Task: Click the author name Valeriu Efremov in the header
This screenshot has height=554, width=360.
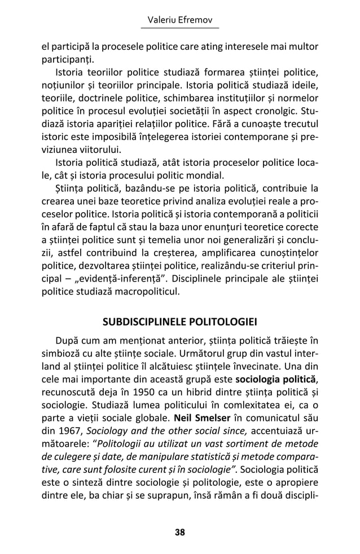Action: (x=179, y=20)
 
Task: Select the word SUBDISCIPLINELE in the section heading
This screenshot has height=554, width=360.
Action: (x=148, y=322)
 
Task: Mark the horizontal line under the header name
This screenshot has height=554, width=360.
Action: (x=179, y=29)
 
